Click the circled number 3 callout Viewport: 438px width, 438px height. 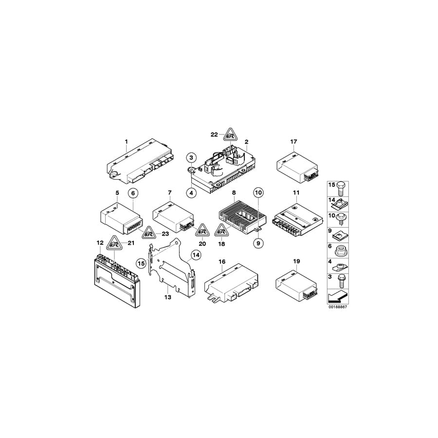click(x=192, y=157)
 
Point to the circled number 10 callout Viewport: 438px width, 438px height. click(x=258, y=193)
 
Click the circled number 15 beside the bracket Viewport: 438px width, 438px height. click(x=142, y=263)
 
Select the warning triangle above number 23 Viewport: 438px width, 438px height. click(x=148, y=233)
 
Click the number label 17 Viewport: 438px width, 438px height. click(x=293, y=142)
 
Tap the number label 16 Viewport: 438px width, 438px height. click(x=222, y=261)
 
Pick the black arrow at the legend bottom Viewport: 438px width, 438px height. click(x=338, y=295)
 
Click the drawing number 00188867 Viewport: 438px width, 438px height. click(x=338, y=308)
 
